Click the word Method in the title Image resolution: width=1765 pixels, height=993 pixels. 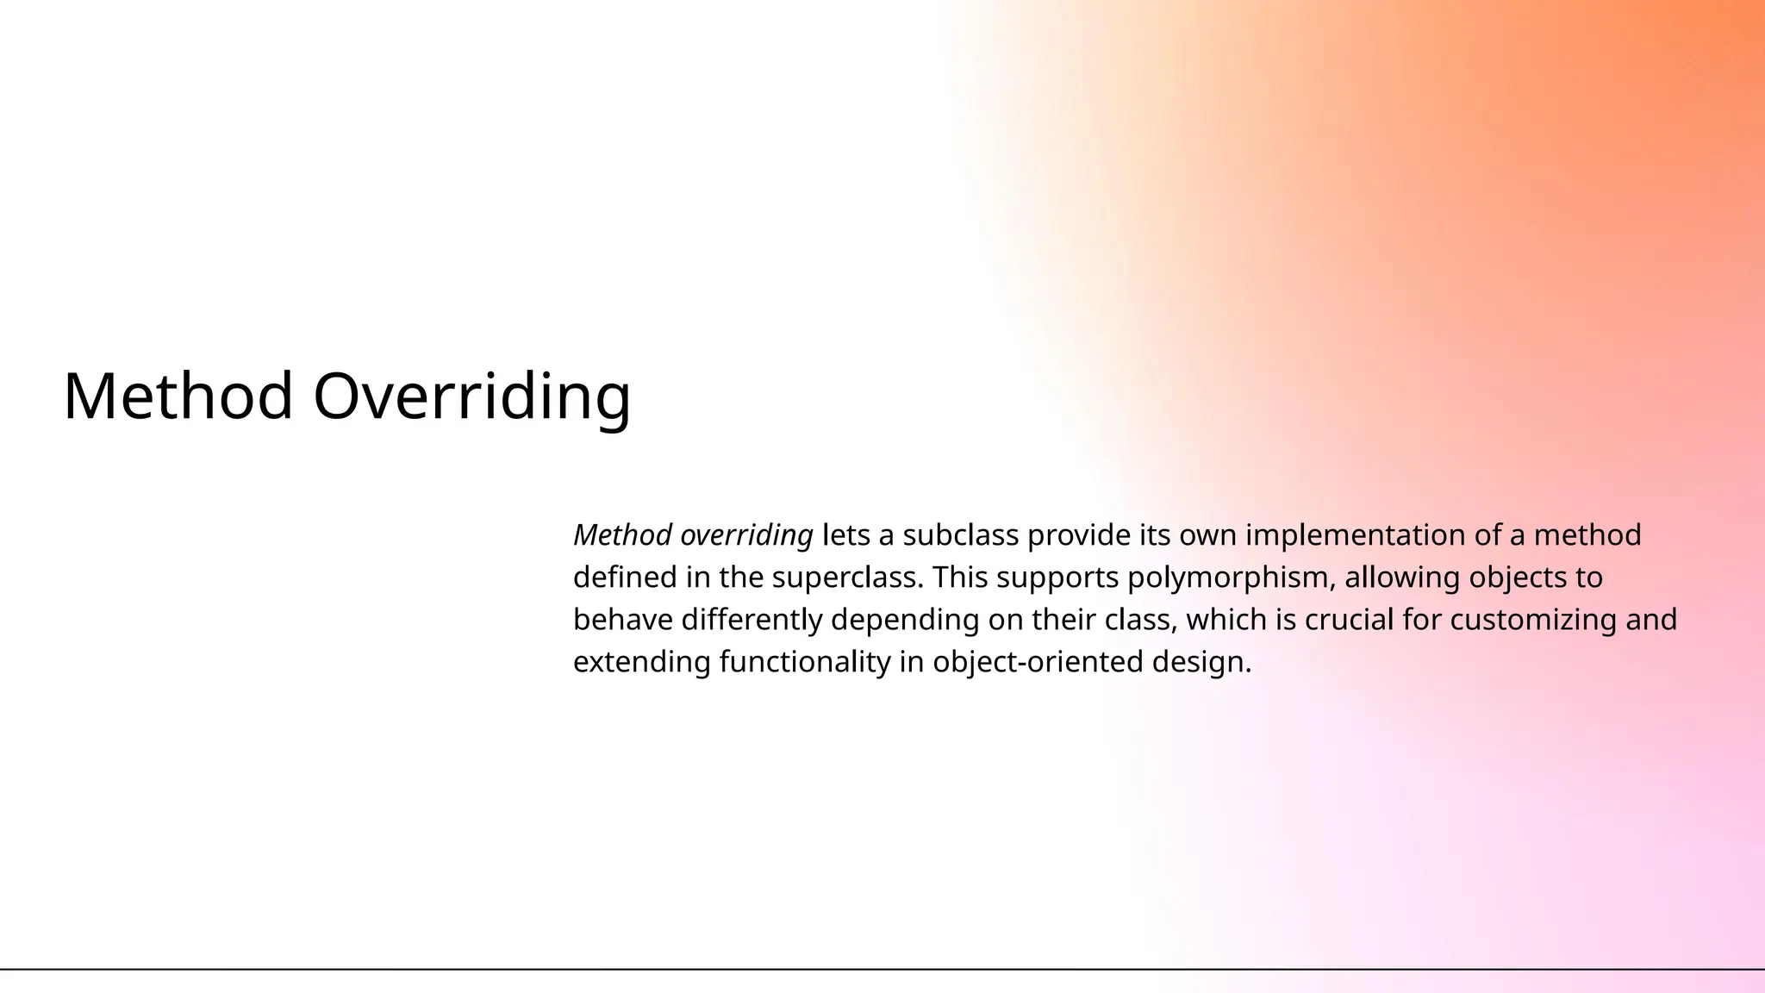[x=178, y=397]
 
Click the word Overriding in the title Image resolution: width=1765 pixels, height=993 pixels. [x=471, y=397]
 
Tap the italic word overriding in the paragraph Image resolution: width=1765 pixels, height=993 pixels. [x=746, y=535]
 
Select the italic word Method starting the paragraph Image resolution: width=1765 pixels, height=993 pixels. [x=622, y=535]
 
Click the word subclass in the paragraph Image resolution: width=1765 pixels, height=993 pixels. [x=960, y=535]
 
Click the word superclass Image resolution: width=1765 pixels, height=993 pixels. [x=848, y=578]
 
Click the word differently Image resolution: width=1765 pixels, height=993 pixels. [x=752, y=620]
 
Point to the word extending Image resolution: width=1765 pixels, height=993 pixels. [x=641, y=662]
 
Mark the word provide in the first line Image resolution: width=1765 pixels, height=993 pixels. [x=1078, y=535]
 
